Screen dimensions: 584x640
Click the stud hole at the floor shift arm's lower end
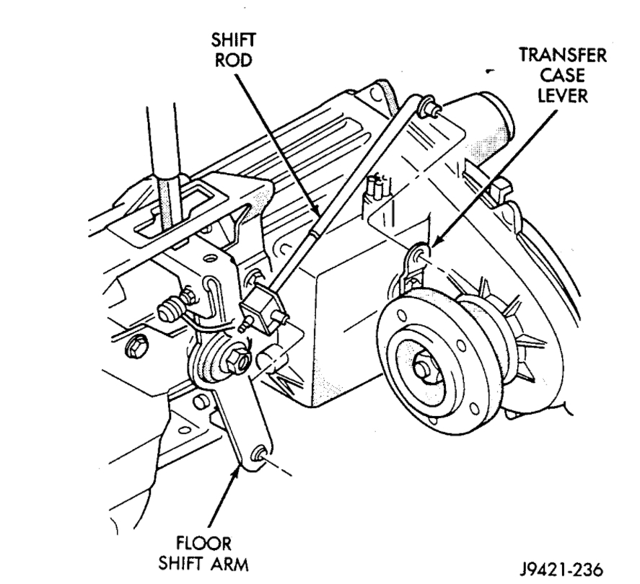tap(255, 454)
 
